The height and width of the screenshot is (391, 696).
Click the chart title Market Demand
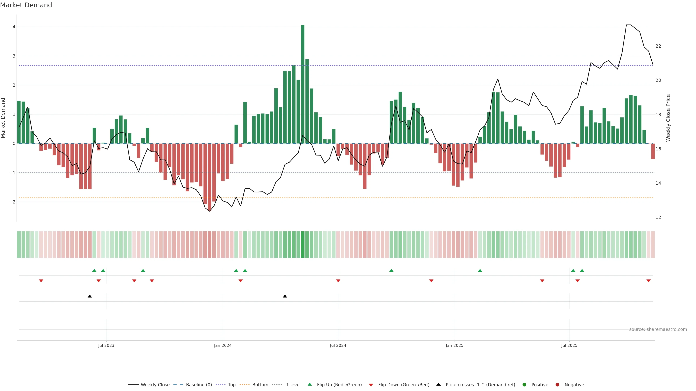(x=26, y=5)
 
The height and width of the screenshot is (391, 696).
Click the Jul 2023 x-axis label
(x=106, y=345)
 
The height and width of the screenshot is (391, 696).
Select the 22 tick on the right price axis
(x=658, y=46)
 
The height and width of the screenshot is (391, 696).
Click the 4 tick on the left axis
(x=14, y=27)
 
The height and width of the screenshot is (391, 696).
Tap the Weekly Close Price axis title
(x=668, y=118)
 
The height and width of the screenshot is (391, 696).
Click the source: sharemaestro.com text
(x=658, y=329)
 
